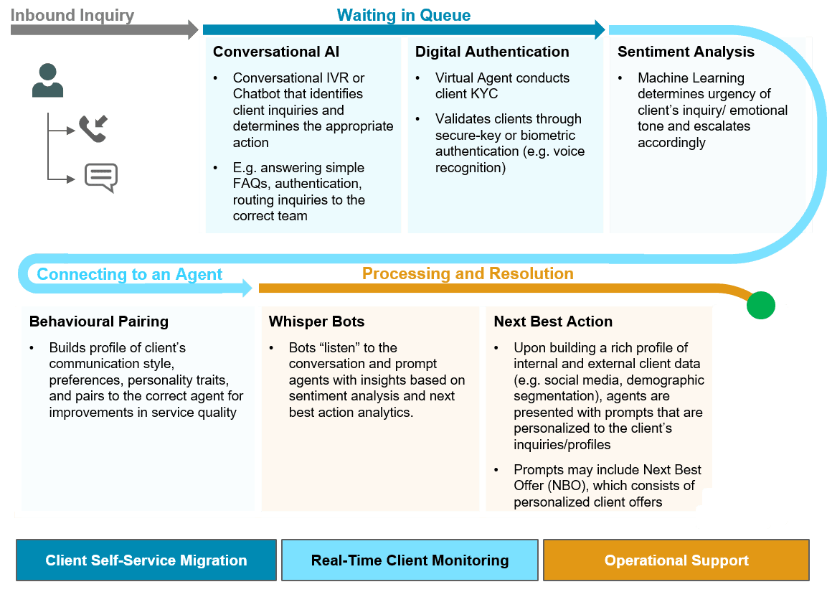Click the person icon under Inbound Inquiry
47,80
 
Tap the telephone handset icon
92,129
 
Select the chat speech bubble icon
100,177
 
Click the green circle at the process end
760,305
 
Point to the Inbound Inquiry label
72,15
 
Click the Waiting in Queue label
403,15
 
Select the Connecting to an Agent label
129,274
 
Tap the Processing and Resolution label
468,273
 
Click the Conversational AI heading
276,52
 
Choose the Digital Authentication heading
492,52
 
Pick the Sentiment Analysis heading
686,52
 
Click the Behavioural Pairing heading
99,321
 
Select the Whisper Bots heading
316,321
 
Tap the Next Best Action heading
553,321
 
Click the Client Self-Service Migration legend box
146,560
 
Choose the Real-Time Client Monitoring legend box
410,560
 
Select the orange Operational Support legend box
676,560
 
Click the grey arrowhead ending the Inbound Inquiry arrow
192,29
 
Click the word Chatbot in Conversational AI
257,94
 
